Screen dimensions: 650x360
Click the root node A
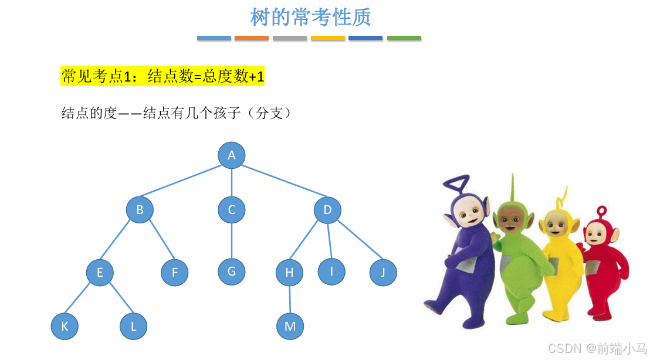tap(232, 155)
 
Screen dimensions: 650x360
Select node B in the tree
tap(140, 209)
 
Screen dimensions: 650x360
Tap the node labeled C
tap(232, 210)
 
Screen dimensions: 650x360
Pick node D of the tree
tap(327, 210)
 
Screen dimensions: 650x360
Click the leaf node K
tap(65, 327)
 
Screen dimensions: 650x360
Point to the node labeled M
tap(290, 327)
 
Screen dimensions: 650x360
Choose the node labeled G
tap(232, 271)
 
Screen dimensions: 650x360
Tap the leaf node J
tap(383, 273)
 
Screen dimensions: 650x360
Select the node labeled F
tap(175, 273)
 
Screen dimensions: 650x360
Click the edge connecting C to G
tap(232, 240)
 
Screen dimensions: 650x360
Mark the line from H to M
tap(290, 300)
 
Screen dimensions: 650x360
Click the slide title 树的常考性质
tap(310, 17)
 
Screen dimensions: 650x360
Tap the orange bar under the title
tap(252, 38)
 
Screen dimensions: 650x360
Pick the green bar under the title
tap(404, 38)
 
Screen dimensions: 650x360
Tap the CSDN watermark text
tap(597, 348)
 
